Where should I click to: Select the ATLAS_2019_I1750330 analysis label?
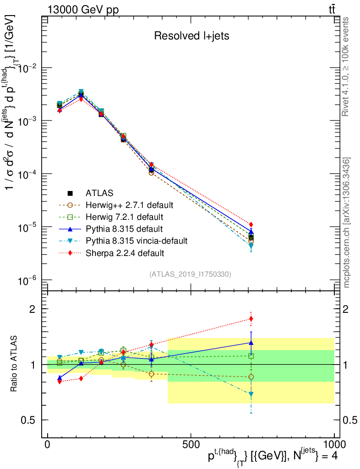pos(190,274)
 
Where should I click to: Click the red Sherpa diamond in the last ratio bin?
pos(251,319)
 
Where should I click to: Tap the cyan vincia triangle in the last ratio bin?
pos(251,394)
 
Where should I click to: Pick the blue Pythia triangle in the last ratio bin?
pos(251,342)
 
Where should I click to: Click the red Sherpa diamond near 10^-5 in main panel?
pos(251,224)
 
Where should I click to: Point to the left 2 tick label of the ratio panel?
pos(32,309)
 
